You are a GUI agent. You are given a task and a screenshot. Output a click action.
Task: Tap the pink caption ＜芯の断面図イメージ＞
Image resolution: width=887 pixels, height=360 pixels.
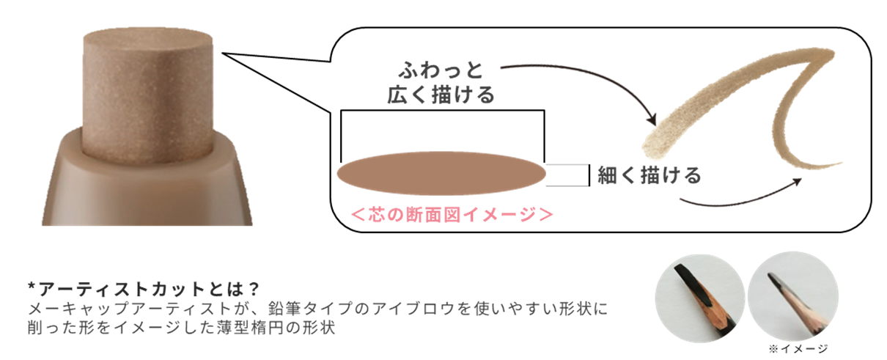tap(452, 214)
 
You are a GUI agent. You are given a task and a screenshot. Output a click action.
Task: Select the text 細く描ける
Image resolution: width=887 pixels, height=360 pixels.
tap(649, 175)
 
